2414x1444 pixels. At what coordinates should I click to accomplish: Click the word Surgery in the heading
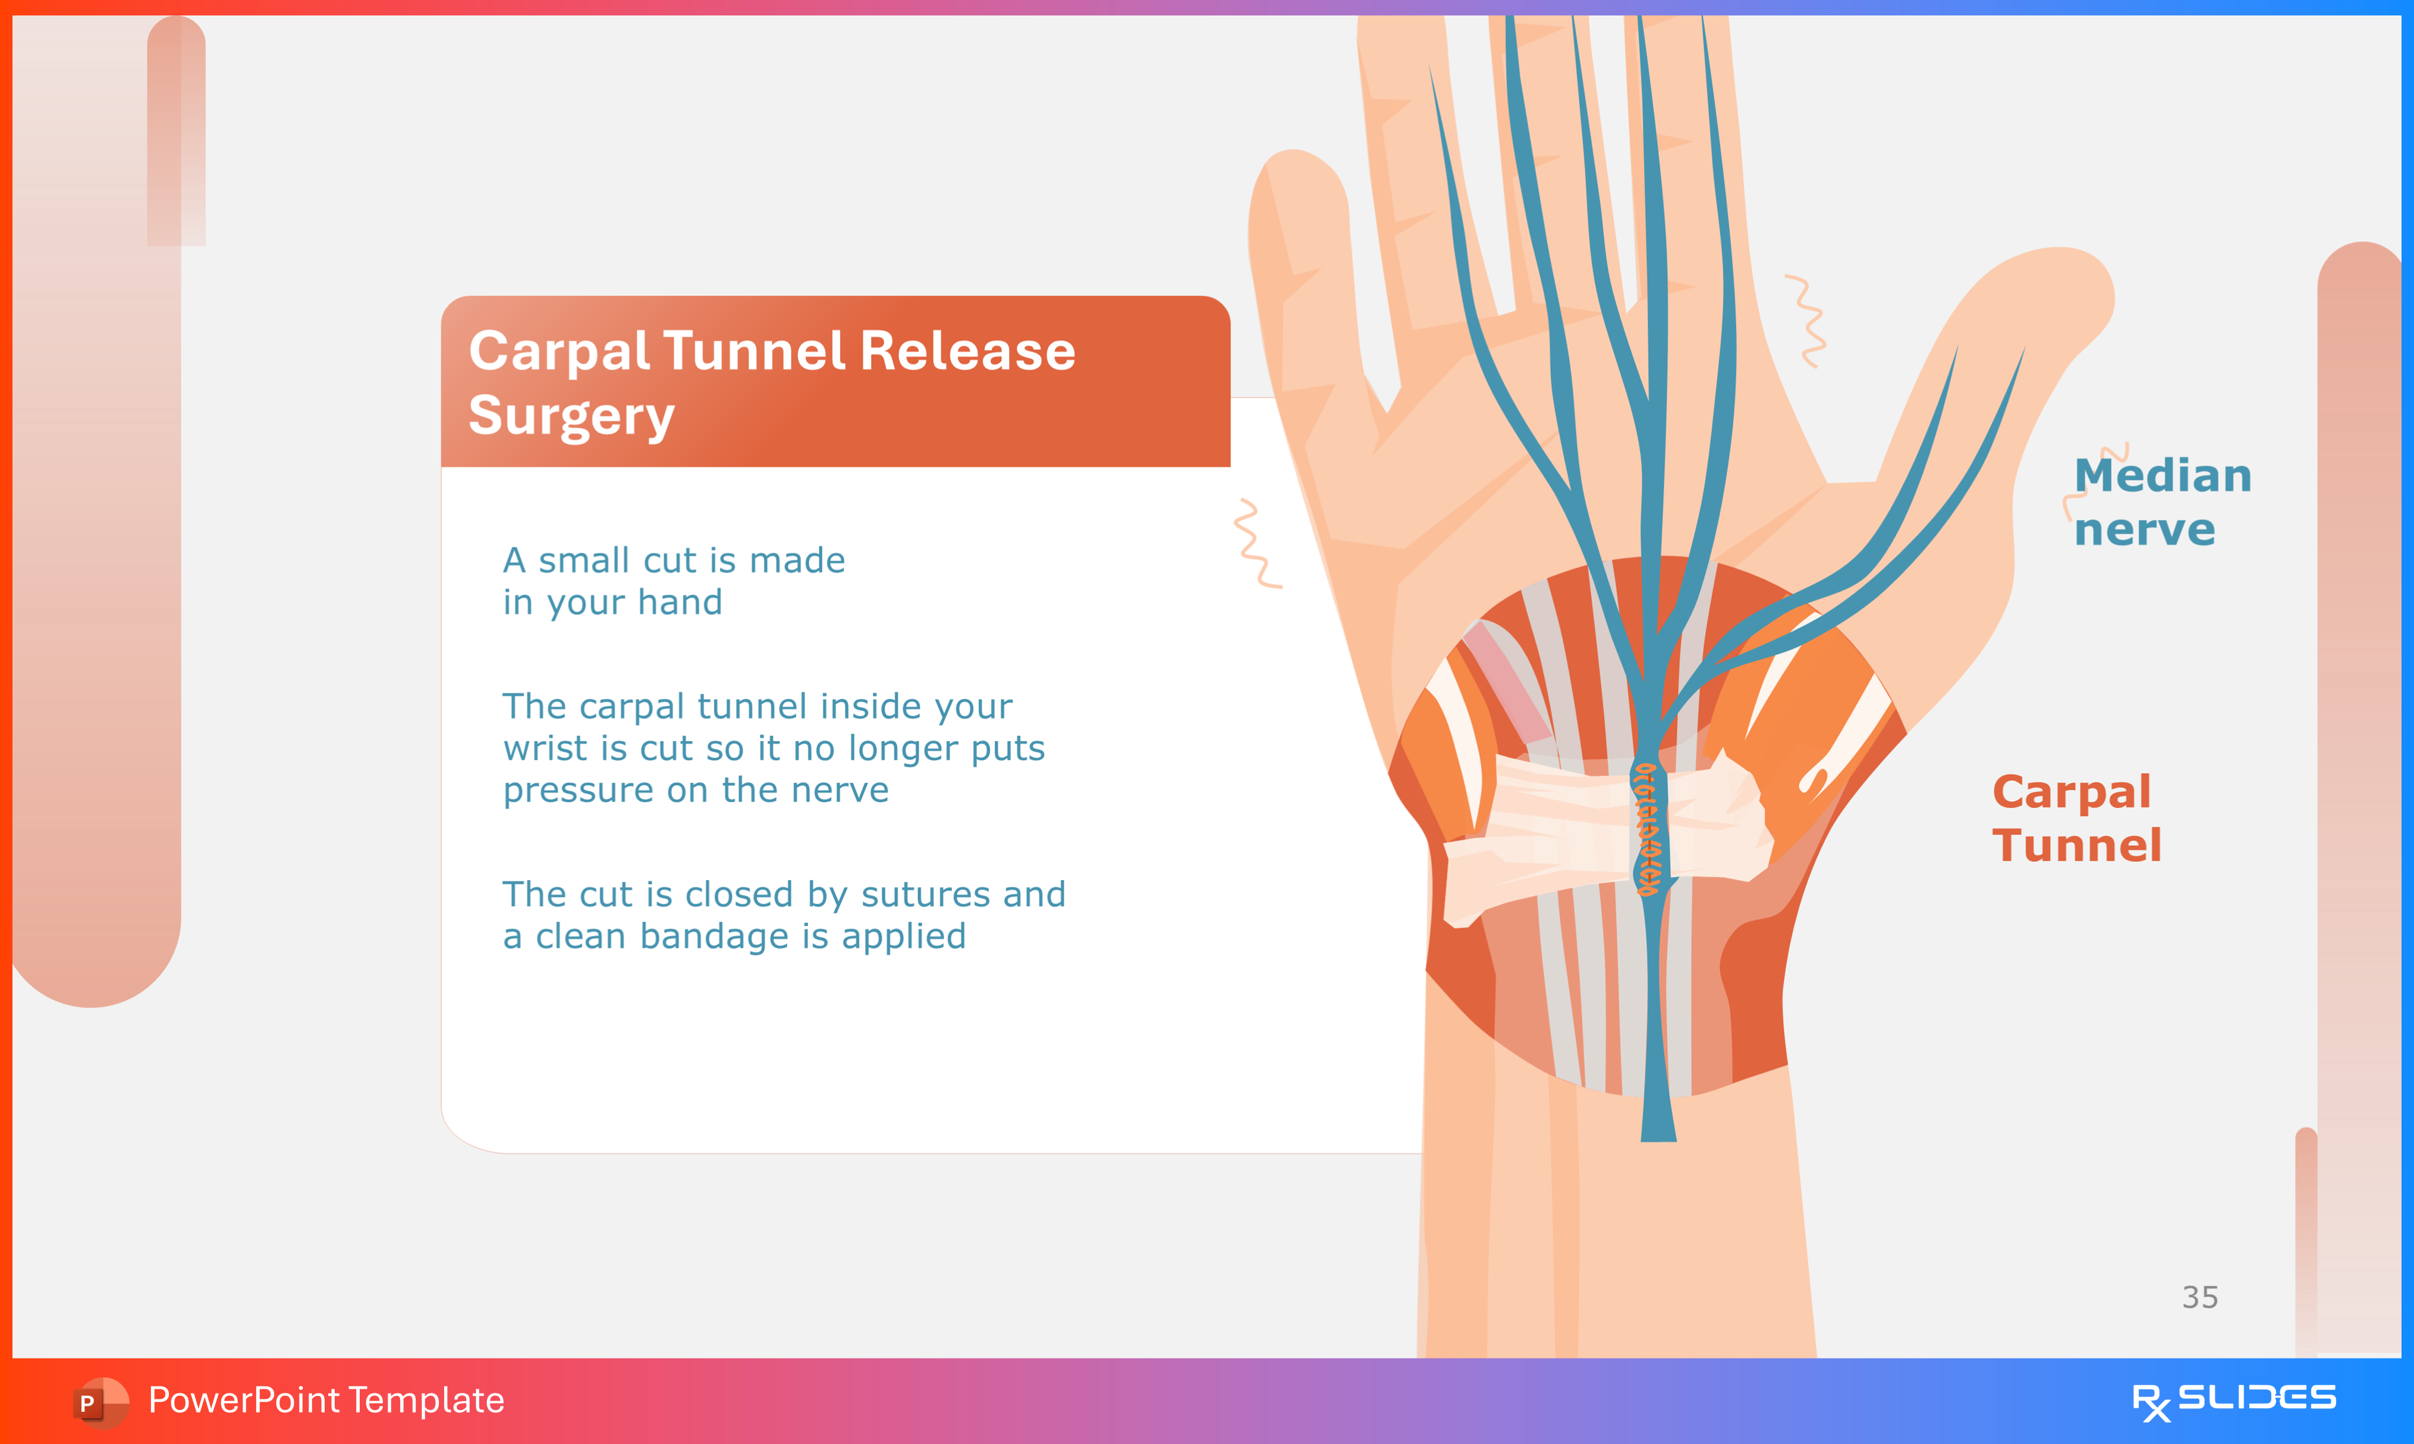point(571,417)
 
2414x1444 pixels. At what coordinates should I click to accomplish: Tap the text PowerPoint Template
point(326,1400)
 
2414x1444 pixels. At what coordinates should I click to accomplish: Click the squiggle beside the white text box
point(1256,543)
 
